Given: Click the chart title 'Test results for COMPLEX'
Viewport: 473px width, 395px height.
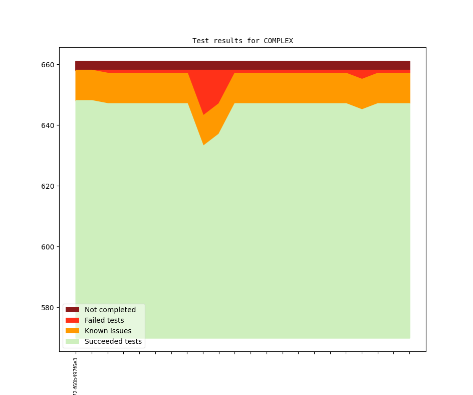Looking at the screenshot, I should click(x=243, y=41).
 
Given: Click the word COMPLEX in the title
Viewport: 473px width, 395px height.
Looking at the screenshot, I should click(x=278, y=41).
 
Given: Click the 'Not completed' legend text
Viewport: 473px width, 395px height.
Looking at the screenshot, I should click(x=110, y=310).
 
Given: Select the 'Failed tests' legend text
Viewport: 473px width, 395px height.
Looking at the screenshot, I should click(x=104, y=320).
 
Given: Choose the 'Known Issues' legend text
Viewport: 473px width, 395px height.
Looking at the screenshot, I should click(x=108, y=331).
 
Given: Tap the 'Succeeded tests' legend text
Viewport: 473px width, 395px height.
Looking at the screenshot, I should click(x=113, y=341).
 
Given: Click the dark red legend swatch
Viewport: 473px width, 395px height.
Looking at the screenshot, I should click(x=72, y=310).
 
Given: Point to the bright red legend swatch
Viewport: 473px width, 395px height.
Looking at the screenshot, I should click(x=72, y=320).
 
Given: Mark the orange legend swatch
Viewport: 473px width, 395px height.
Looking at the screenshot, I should click(x=72, y=331).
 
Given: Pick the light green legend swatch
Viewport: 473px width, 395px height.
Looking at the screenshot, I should click(x=72, y=341).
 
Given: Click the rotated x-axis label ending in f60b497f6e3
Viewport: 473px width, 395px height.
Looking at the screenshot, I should click(x=76, y=376).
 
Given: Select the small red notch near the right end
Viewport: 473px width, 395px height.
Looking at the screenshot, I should click(x=362, y=75).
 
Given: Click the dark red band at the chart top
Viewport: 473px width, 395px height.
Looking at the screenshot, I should click(x=243, y=65).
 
